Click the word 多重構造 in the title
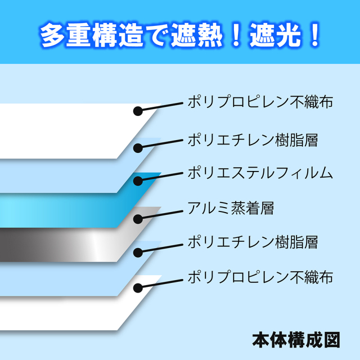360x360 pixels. pyautogui.click(x=92, y=35)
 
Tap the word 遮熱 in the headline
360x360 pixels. pyautogui.click(x=196, y=35)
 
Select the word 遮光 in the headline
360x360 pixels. pyautogui.click(x=276, y=35)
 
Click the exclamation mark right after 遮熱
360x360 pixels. pyautogui.click(x=236, y=35)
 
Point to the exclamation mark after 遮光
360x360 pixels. pyautogui.click(x=315, y=35)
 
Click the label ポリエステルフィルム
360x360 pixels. pyautogui.click(x=260, y=173)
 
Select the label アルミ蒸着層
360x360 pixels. pyautogui.click(x=231, y=208)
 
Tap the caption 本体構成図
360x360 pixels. pyautogui.click(x=296, y=340)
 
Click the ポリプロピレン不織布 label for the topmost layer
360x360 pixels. pyautogui.click(x=260, y=101)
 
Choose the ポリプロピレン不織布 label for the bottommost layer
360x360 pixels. pyautogui.click(x=260, y=277)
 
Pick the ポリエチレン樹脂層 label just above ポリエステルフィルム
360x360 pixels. pyautogui.click(x=253, y=140)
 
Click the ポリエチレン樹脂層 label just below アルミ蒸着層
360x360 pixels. pyautogui.click(x=253, y=242)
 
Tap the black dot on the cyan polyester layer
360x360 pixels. pyautogui.click(x=138, y=181)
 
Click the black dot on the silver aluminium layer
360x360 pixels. pyautogui.click(x=138, y=219)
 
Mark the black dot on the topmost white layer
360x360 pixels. pyautogui.click(x=138, y=111)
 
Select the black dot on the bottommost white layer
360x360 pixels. pyautogui.click(x=138, y=288)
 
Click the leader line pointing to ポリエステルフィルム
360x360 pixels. pyautogui.click(x=161, y=177)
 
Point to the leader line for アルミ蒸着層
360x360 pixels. pyautogui.click(x=161, y=215)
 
